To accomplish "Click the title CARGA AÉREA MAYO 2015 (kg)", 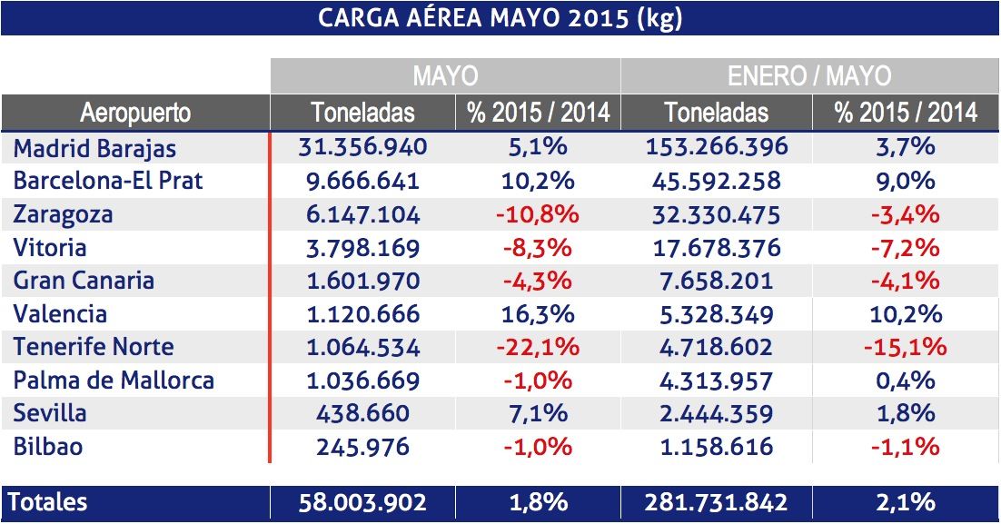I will tap(500, 18).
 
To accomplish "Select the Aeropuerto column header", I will tap(135, 113).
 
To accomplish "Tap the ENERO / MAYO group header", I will tap(809, 75).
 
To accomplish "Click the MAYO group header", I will tap(445, 75).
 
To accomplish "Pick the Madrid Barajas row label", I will tap(95, 147).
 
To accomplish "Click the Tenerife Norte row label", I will tap(94, 347).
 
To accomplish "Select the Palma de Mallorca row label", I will tap(114, 380).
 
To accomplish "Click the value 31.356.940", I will tap(362, 147).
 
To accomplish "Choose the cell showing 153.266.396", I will tap(716, 147).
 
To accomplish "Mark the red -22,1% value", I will tap(538, 347).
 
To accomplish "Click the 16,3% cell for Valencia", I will tap(538, 314).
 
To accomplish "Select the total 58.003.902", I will tap(362, 502).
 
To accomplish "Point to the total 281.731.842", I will tap(716, 502).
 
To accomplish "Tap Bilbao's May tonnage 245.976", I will tap(362, 447).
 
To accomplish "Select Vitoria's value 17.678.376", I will tap(716, 247).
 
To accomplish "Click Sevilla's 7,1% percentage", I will tap(538, 413).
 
